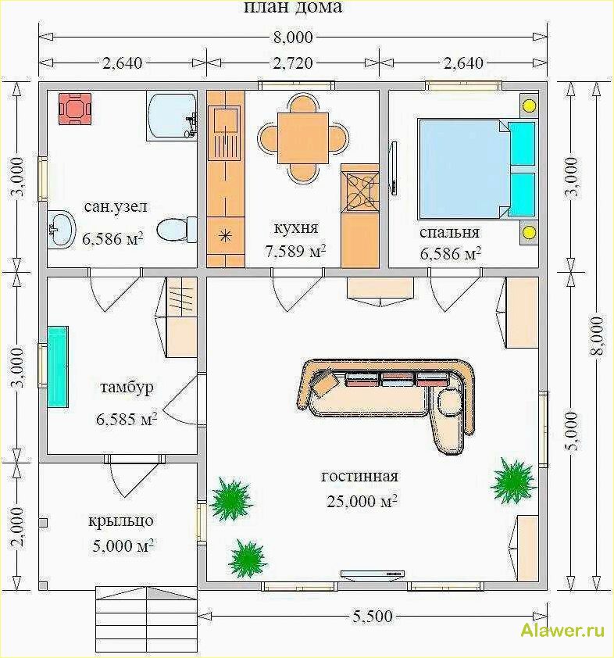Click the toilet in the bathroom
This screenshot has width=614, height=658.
[x=177, y=229]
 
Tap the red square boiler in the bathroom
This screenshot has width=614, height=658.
[x=75, y=109]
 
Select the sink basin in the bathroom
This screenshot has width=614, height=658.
[x=61, y=229]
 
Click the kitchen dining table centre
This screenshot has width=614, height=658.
[x=303, y=139]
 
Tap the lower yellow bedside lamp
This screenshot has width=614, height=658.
[x=529, y=232]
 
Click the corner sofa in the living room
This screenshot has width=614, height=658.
[x=387, y=404]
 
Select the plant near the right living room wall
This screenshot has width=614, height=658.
[x=513, y=480]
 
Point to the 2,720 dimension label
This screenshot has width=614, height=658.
[x=293, y=63]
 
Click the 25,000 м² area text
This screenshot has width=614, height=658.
[x=362, y=501]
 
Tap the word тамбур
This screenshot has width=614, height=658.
[x=127, y=388]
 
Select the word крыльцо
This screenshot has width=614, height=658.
[x=121, y=521]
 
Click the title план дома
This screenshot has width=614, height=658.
[x=293, y=7]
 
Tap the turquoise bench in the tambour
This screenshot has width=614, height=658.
[x=58, y=367]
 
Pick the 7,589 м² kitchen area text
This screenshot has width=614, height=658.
[x=295, y=252]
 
